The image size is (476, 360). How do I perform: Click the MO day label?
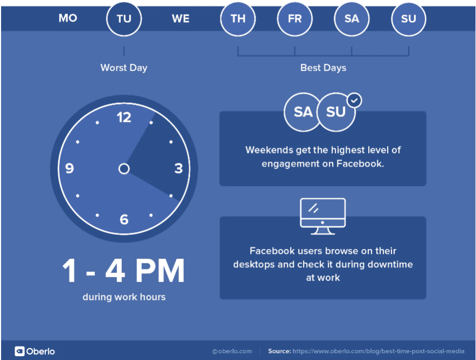68,18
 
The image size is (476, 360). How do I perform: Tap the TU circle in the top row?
124,19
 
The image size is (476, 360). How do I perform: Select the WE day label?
181,19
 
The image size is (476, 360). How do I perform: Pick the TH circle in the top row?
238,19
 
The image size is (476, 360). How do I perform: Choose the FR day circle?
294,19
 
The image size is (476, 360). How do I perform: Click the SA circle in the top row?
351,19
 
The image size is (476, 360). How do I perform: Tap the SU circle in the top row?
409,19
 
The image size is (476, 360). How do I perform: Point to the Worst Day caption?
124,68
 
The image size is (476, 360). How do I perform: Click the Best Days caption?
323,68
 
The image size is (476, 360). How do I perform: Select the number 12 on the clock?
124,117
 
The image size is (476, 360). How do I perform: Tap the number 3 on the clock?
178,169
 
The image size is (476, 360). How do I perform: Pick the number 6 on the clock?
124,219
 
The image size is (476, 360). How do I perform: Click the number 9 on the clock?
70,168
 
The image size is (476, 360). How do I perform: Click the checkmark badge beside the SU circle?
354,100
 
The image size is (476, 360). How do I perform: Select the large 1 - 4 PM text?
123,271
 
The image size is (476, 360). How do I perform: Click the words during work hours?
124,297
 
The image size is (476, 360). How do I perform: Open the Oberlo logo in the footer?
35,351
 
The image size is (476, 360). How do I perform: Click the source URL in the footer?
378,351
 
